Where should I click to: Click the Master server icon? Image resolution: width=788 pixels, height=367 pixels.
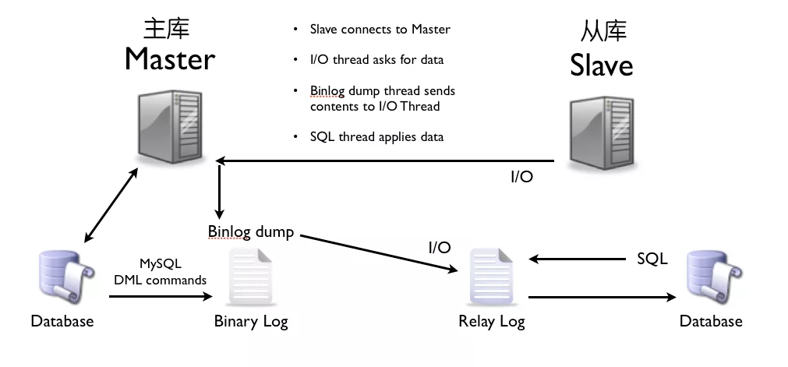click(171, 127)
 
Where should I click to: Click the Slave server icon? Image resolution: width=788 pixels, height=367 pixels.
click(602, 134)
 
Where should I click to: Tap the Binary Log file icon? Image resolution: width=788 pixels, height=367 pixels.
click(251, 277)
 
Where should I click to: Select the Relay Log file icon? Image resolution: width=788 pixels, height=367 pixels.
click(492, 277)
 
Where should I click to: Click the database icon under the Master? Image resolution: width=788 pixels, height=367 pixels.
click(66, 277)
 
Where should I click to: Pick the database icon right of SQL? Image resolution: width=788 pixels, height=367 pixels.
click(715, 277)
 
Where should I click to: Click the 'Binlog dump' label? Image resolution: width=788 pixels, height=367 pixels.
click(251, 231)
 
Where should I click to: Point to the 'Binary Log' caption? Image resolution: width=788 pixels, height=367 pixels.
click(251, 321)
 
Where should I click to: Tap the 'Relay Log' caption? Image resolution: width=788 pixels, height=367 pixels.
click(492, 321)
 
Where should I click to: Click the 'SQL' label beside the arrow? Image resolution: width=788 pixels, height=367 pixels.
click(652, 259)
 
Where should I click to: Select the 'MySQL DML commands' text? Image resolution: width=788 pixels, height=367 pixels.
click(161, 272)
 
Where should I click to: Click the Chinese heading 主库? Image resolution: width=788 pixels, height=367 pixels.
click(166, 28)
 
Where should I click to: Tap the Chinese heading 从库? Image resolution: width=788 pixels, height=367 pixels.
click(603, 32)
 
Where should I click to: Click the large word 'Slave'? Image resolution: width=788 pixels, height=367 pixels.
click(601, 66)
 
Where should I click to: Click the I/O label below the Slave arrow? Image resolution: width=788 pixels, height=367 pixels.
click(521, 177)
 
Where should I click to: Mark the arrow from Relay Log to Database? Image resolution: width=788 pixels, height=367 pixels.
click(602, 297)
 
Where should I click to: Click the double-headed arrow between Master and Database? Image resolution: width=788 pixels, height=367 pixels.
click(111, 205)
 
